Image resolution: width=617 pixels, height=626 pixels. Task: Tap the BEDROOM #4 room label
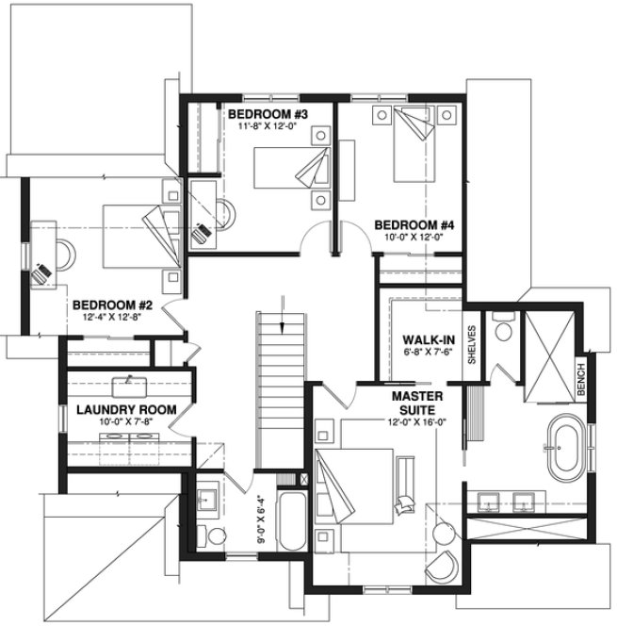coord(414,225)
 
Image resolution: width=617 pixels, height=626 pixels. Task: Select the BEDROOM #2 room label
coord(112,305)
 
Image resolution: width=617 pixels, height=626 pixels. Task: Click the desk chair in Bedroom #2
coord(42,273)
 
